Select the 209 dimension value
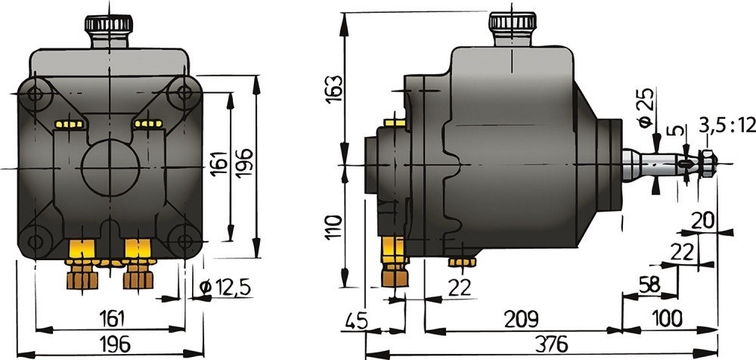click(521, 319)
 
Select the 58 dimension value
click(649, 284)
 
